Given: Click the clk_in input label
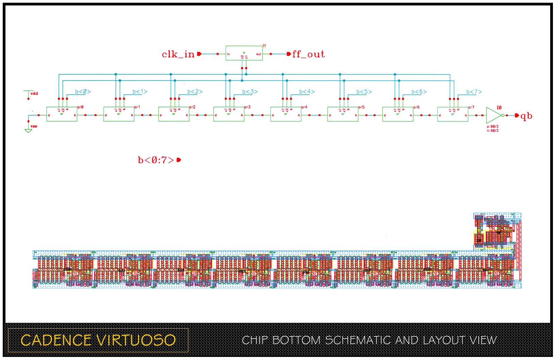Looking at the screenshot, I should pyautogui.click(x=178, y=54).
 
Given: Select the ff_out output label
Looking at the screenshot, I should pyautogui.click(x=308, y=54).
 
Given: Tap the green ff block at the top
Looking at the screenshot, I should pyautogui.click(x=244, y=53).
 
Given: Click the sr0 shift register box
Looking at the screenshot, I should pyautogui.click(x=62, y=114).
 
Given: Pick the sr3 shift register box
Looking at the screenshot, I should pyautogui.click(x=229, y=114).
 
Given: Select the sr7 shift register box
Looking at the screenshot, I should pyautogui.click(x=452, y=114).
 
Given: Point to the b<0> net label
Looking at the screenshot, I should pyautogui.click(x=83, y=92).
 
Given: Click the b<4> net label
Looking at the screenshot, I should pyautogui.click(x=307, y=92).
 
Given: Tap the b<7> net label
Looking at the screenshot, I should pyautogui.click(x=474, y=92).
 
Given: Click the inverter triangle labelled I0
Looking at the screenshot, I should pyautogui.click(x=493, y=116).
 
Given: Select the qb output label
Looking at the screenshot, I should pyautogui.click(x=526, y=116).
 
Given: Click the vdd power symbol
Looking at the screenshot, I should pyautogui.click(x=31, y=93).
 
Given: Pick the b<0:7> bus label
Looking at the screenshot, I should pyautogui.click(x=156, y=160).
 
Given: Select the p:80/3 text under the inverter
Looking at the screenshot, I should pyautogui.click(x=493, y=126).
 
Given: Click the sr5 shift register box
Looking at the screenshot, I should pyautogui.click(x=343, y=114).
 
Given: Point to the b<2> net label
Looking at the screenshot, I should pyautogui.click(x=195, y=92).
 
